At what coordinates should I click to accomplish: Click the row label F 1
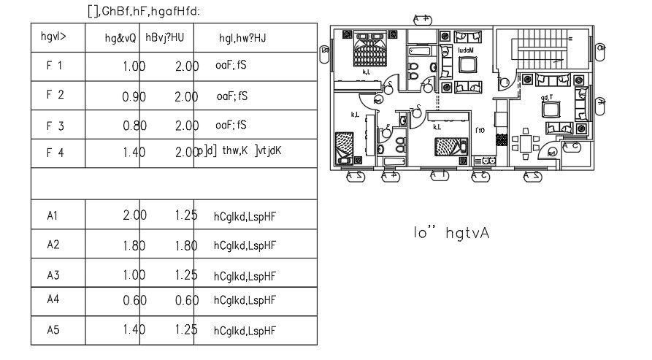(55, 66)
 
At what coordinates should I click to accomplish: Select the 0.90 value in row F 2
(134, 96)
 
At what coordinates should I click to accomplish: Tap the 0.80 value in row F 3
(134, 126)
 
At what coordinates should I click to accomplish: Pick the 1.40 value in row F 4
(134, 153)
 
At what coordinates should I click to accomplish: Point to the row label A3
(53, 275)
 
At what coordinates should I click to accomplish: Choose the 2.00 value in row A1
(134, 216)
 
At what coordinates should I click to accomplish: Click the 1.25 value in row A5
(186, 331)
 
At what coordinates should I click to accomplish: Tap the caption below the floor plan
(450, 233)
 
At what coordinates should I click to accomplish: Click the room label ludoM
(466, 50)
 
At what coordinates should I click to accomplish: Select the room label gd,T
(546, 97)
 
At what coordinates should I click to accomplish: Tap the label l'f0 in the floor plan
(480, 131)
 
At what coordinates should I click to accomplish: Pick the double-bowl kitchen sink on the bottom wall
(485, 161)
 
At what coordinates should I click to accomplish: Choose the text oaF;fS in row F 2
(232, 96)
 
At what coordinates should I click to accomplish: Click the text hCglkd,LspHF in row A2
(245, 246)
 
